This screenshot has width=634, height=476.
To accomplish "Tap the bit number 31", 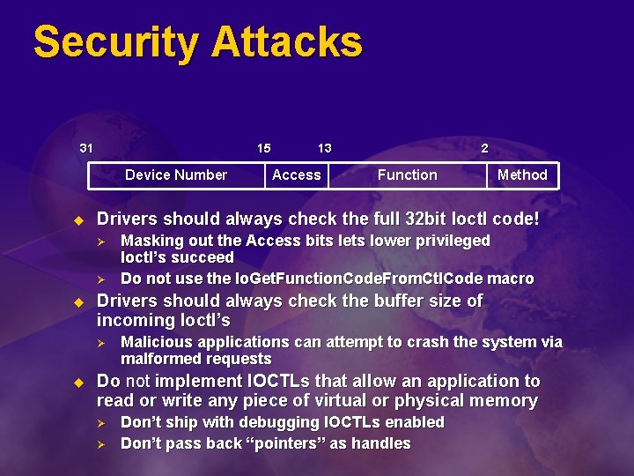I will pyautogui.click(x=86, y=147).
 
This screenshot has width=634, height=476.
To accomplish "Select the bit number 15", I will pyautogui.click(x=263, y=147).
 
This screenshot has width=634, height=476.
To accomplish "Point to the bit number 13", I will pyautogui.click(x=324, y=147).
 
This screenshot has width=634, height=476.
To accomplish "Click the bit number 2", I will pyautogui.click(x=484, y=147).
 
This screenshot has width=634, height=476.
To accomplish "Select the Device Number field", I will pyautogui.click(x=176, y=175).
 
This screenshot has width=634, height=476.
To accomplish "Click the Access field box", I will pyautogui.click(x=297, y=175).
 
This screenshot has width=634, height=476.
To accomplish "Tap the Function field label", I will pyautogui.click(x=407, y=175).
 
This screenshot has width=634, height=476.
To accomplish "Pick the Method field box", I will pyautogui.click(x=522, y=175).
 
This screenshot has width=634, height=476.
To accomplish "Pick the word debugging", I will pyautogui.click(x=280, y=422).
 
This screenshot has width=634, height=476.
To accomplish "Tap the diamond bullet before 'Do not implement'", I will pyautogui.click(x=77, y=383).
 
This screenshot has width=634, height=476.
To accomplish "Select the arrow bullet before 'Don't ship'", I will pyautogui.click(x=101, y=423).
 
